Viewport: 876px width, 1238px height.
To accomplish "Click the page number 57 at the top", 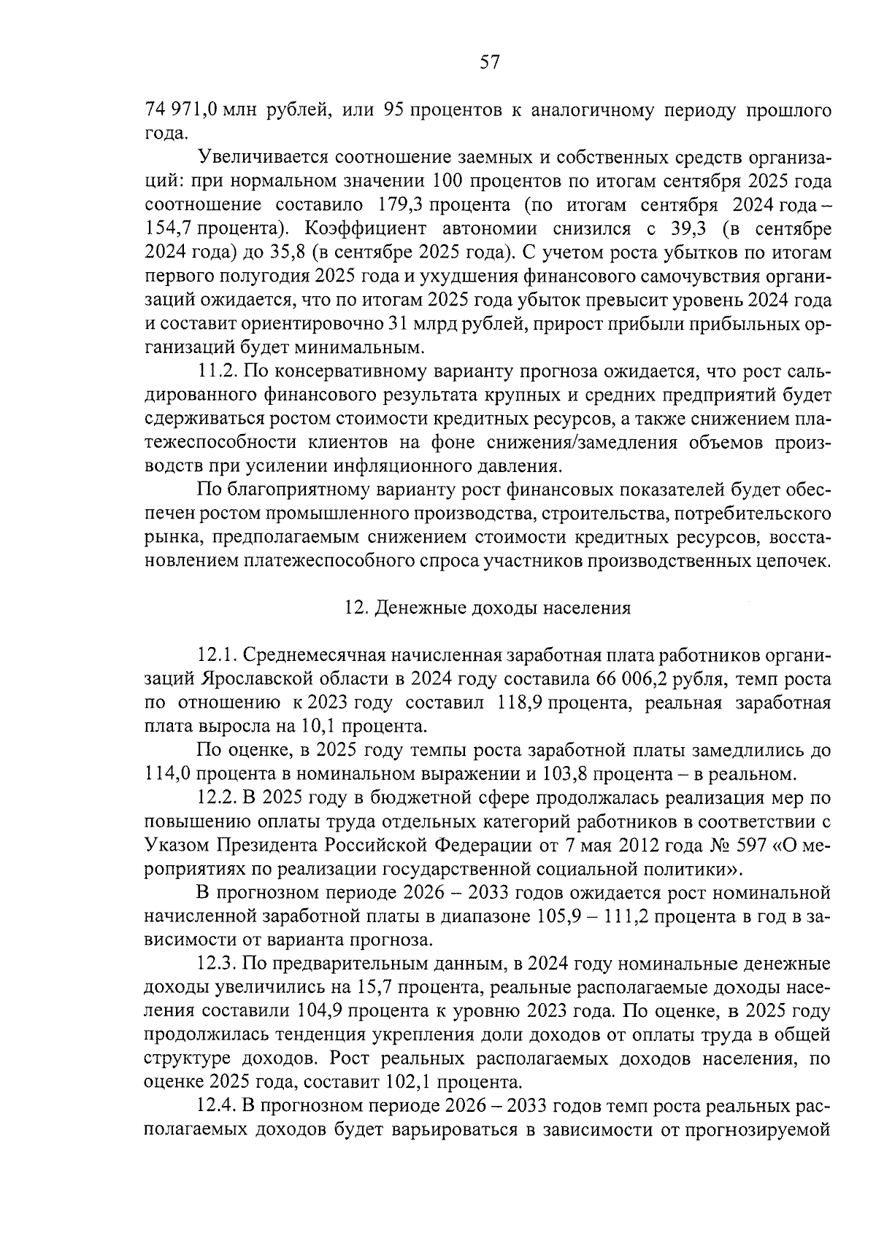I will click(x=488, y=63).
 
